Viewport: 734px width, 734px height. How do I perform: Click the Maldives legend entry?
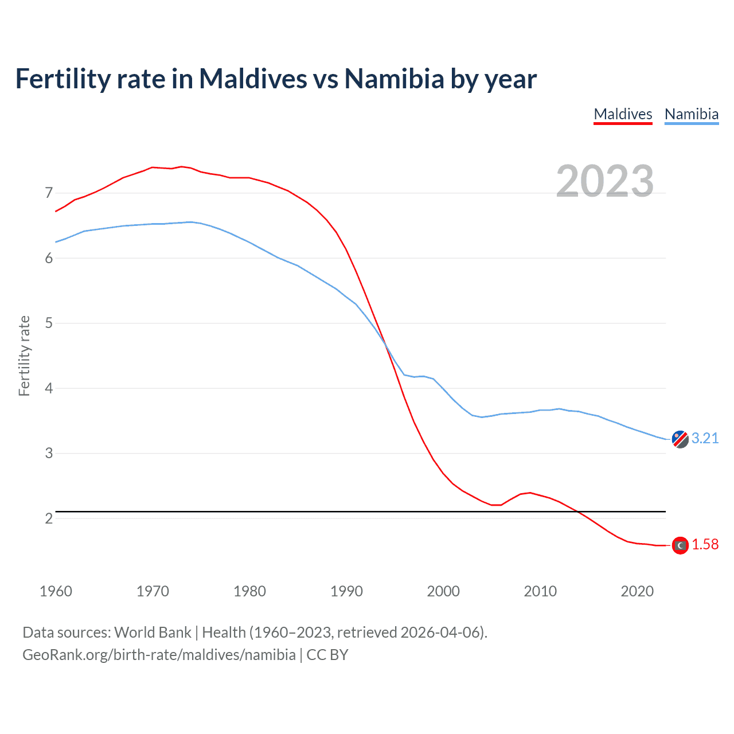pos(623,114)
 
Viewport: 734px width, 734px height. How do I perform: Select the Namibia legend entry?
pos(691,114)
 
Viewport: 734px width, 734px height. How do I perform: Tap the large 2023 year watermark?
pos(604,181)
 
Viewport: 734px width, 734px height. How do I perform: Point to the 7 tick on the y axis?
pos(49,193)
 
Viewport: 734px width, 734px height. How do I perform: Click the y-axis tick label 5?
pos(49,323)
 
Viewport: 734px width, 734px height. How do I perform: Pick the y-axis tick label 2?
pos(49,518)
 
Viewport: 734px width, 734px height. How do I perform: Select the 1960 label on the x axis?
pos(56,591)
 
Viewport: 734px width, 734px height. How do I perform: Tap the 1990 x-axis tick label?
pos(346,591)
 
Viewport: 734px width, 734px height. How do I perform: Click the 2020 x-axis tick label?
pos(637,591)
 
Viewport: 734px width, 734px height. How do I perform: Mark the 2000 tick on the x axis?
pos(443,591)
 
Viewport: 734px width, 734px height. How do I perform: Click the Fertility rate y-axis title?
pos(24,356)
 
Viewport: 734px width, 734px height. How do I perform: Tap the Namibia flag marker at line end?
pos(680,439)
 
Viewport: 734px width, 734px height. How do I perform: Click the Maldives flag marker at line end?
pos(680,545)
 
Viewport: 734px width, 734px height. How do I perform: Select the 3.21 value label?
pos(705,439)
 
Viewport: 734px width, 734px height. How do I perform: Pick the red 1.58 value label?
pos(705,545)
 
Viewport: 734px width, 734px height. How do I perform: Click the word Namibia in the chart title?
pos(394,79)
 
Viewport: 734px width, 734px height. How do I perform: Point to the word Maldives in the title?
pos(253,79)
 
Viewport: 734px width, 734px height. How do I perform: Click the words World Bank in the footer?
pos(153,633)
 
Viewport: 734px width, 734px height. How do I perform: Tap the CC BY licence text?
pos(327,655)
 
